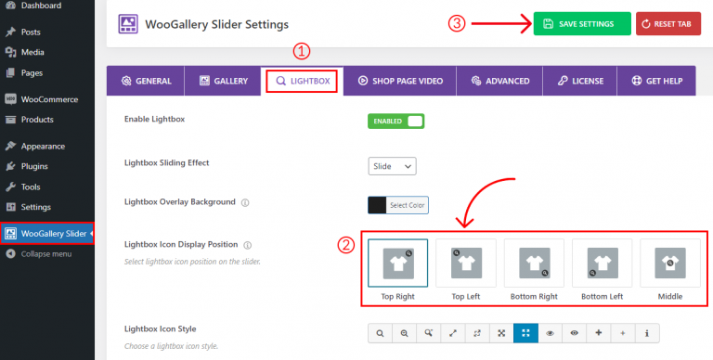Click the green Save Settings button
[x=581, y=23]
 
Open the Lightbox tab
[x=302, y=81]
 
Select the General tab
[x=146, y=81]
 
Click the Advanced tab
[x=500, y=81]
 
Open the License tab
[x=580, y=81]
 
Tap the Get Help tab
[x=656, y=81]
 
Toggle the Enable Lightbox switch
[x=397, y=121]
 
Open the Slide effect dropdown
[x=393, y=166]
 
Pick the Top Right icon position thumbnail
[x=397, y=264]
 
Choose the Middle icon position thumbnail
[x=669, y=264]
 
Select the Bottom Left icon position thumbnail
[x=602, y=264]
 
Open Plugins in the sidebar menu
[x=34, y=166]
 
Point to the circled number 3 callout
[x=456, y=23]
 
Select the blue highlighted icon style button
[x=525, y=331]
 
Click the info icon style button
[x=646, y=331]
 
